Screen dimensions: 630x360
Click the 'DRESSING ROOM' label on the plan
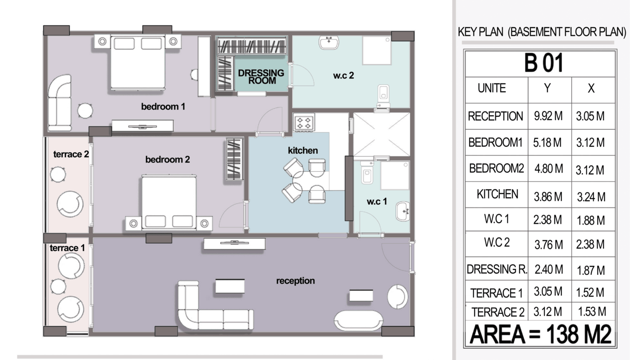tap(261, 77)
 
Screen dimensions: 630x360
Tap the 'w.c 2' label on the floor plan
tap(343, 75)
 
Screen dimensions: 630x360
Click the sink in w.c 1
tap(403, 211)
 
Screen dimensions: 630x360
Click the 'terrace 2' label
tap(71, 154)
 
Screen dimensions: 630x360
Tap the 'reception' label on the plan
tap(295, 281)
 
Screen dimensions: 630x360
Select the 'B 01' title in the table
tap(544, 63)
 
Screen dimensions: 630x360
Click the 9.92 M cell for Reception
tap(548, 116)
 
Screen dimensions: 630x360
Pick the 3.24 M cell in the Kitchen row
tap(591, 197)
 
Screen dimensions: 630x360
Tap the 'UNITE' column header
tap(492, 88)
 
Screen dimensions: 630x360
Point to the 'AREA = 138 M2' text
tap(541, 334)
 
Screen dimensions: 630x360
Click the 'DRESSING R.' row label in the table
tap(497, 269)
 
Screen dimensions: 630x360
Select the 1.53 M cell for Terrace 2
tap(592, 312)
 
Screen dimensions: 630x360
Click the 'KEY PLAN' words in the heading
tap(481, 32)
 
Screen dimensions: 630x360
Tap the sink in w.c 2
tap(328, 43)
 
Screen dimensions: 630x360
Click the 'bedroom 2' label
tap(168, 160)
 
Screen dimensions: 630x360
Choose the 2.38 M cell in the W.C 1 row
tap(548, 220)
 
